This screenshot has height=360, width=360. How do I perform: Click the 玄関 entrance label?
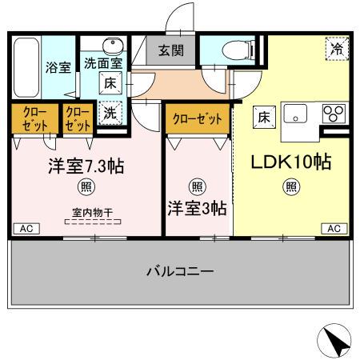tap(170, 50)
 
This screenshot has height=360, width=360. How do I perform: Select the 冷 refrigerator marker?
tap(336, 49)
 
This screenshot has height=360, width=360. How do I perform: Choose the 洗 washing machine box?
tap(110, 113)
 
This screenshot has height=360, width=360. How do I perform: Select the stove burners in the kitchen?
tap(332, 114)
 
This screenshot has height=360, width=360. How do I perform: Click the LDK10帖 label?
tap(291, 161)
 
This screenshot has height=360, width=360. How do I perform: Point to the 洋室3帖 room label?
tap(196, 208)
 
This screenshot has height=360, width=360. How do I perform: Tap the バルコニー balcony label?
tap(179, 272)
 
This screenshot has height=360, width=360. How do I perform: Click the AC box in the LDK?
tap(334, 228)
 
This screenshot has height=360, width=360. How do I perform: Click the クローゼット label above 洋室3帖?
tap(198, 118)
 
